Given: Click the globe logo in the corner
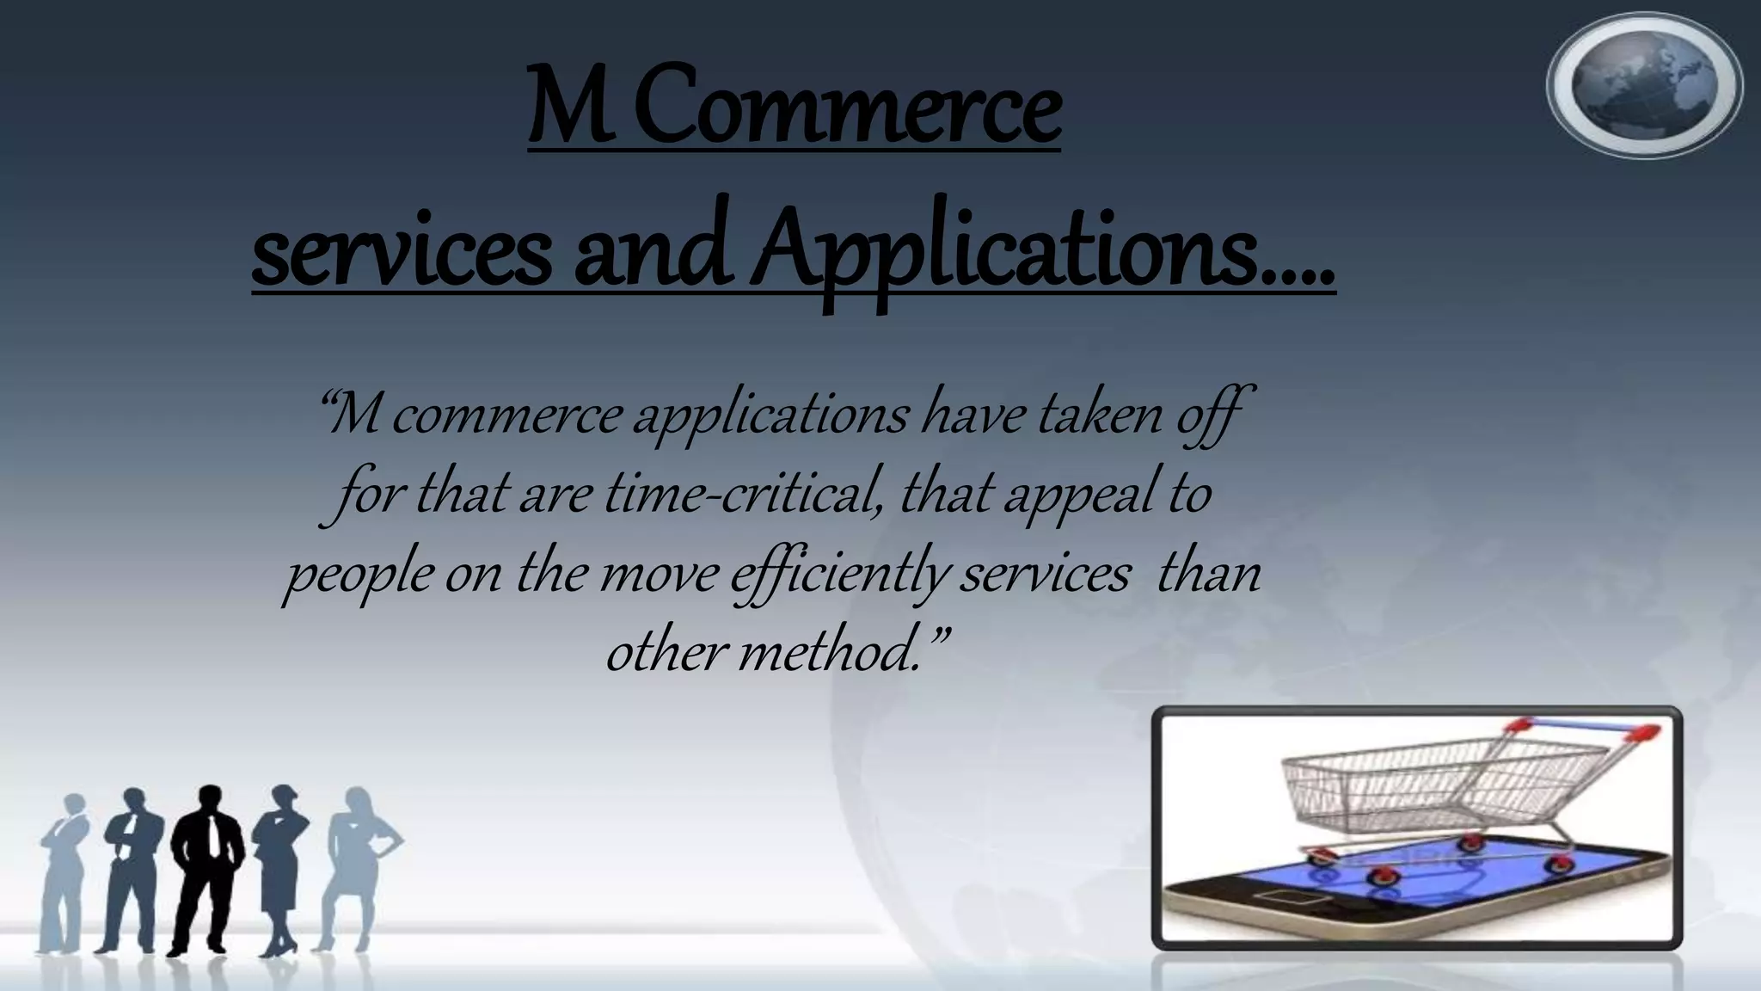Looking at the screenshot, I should pos(1644,85).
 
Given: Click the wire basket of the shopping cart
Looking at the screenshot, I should pos(1410,783).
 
